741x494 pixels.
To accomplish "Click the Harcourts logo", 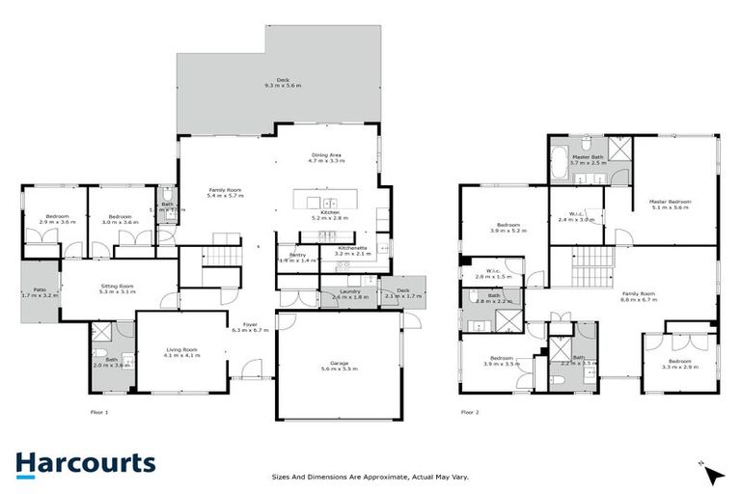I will point(85,463).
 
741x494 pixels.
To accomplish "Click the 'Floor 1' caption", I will point(88,411).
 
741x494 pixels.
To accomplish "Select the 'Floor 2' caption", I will point(469,411).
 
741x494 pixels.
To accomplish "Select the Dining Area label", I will point(326,157).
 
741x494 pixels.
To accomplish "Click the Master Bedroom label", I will point(672,204).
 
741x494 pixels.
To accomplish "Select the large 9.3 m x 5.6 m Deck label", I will point(283,83).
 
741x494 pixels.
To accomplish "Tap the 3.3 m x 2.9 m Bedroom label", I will point(680,365).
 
